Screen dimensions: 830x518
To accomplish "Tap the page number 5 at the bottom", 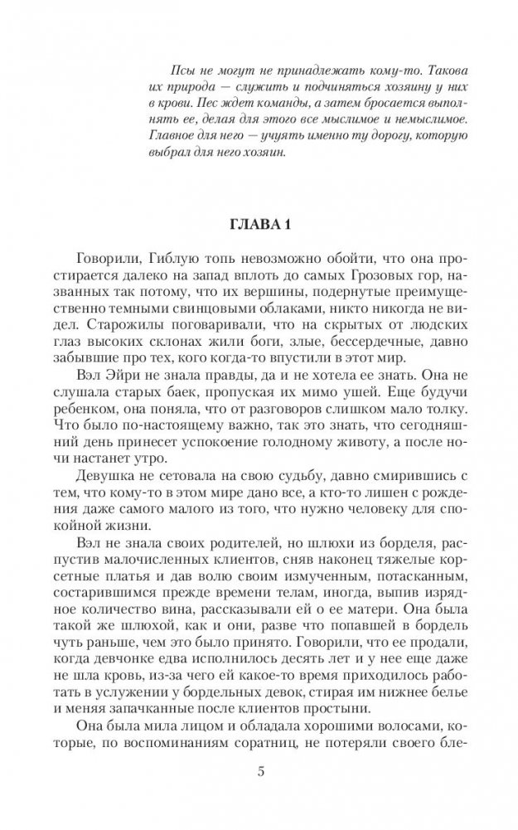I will click(260, 774).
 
